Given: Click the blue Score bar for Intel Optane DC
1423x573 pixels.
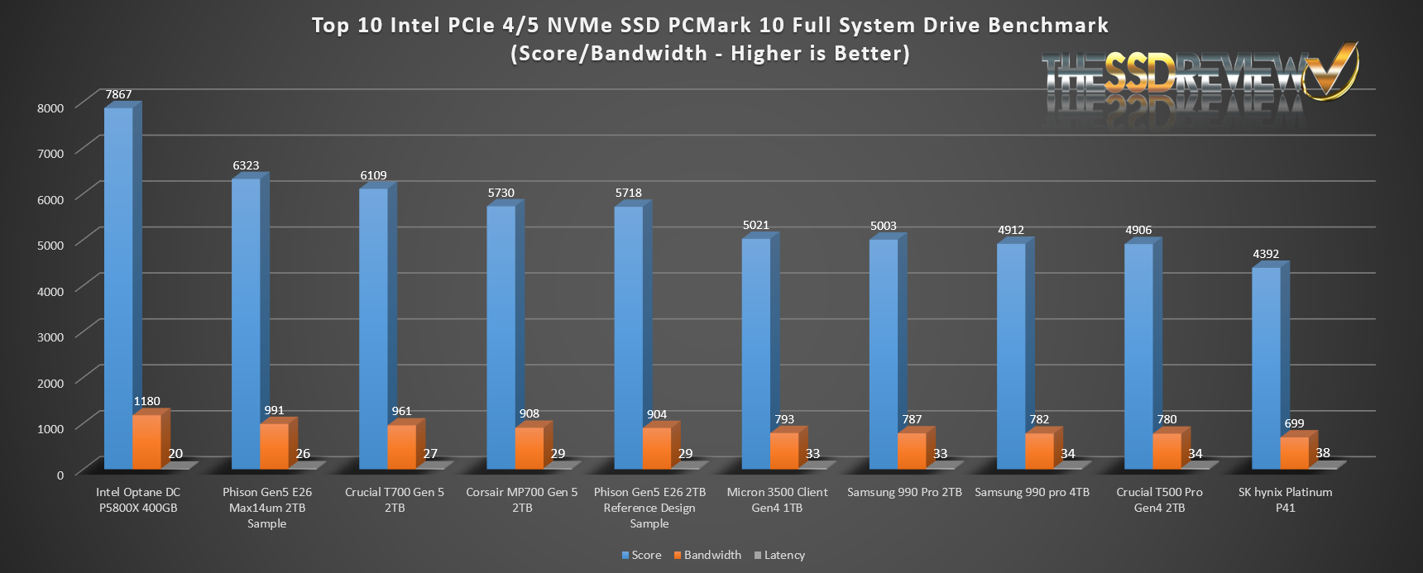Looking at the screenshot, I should (118, 289).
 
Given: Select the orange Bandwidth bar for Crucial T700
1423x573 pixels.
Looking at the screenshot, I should (402, 447).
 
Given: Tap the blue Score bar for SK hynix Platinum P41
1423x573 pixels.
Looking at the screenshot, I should (1266, 369).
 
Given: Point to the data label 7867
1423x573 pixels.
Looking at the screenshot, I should (118, 94).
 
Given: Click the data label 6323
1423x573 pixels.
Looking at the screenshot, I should (246, 165).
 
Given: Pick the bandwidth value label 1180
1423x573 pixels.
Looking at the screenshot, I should (147, 401).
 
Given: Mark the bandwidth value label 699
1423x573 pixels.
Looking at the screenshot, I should (1294, 423).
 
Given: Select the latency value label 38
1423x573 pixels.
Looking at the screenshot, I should (1323, 452).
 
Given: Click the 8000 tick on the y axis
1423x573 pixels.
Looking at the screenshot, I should (50, 107).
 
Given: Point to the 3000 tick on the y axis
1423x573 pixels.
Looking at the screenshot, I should (50, 337).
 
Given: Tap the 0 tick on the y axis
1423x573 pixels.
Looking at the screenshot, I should (60, 475).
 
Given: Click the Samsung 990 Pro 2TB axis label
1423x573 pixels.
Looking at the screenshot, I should (904, 492).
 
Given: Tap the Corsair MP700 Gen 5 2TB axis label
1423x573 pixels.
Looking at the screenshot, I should (522, 499).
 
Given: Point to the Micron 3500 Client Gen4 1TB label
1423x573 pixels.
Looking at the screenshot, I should (777, 499).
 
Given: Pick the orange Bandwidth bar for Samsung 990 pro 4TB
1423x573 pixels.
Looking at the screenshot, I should (1039, 451).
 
